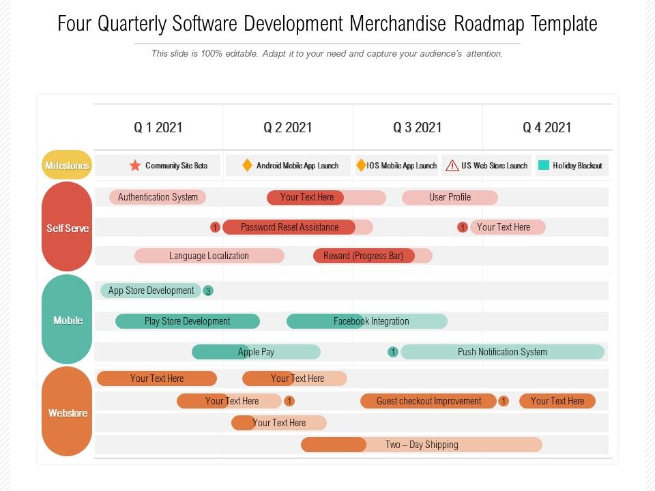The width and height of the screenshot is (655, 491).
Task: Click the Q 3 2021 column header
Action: pos(417,128)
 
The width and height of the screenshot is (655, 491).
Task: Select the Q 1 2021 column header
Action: pos(158,128)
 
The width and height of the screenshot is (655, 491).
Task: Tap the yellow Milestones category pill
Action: pos(67,166)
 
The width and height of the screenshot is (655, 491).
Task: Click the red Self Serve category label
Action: pos(67,228)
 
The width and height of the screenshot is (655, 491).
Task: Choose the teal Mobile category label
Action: pos(68,321)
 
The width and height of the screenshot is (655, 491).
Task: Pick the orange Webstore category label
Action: pos(68,413)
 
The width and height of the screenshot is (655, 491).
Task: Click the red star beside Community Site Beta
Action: pos(135,166)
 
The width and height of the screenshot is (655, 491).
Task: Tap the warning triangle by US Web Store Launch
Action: pos(452,166)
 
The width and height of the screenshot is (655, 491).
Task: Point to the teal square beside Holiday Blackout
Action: pos(544,165)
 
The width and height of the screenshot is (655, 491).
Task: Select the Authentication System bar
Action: pos(158,197)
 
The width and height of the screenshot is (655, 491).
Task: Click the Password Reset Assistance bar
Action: pos(289,227)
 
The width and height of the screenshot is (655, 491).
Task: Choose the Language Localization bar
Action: pos(209,256)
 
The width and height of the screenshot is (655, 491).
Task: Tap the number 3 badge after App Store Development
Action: pos(208,291)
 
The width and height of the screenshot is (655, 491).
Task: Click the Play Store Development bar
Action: pos(187,321)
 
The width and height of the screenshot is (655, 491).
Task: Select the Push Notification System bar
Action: pos(502,352)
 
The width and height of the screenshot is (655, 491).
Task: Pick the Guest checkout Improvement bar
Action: pos(428,401)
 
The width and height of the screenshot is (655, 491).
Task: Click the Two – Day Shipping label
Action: pos(422,445)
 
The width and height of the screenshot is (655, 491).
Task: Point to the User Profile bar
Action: pos(450,197)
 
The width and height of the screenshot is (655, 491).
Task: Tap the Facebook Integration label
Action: pos(371,321)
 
